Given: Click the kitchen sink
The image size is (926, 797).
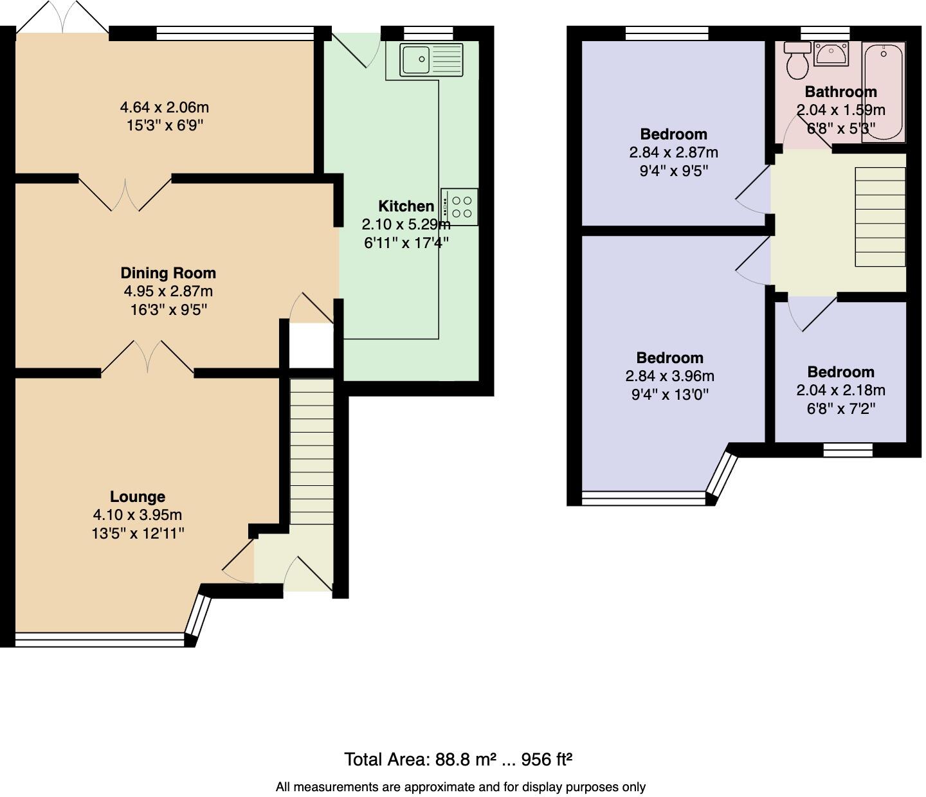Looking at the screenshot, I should tap(431, 60).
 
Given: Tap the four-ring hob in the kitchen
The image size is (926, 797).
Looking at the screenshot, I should tap(460, 206).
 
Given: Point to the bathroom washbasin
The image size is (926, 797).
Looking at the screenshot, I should tap(831, 54).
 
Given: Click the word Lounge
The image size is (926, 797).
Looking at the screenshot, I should tap(138, 497).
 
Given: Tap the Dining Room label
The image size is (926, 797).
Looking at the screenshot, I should tap(168, 273).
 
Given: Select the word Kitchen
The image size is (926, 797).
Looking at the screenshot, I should tap(406, 206).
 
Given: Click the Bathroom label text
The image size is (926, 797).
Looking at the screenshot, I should tap(840, 92).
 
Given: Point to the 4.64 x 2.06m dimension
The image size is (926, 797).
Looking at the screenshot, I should tap(165, 107).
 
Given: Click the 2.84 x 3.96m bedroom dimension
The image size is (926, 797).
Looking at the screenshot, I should tap(669, 376).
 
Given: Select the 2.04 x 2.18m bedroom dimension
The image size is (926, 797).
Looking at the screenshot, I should tap(840, 390).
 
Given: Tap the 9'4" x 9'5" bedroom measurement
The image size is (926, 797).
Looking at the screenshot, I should tap(673, 171).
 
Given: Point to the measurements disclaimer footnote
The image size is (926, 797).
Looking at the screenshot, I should tap(460, 787).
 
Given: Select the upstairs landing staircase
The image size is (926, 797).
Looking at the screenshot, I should tap(880, 217).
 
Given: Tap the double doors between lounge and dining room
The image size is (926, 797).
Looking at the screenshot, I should tap(148, 357).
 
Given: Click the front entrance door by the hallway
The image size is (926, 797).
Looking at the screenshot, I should tap(307, 574).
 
